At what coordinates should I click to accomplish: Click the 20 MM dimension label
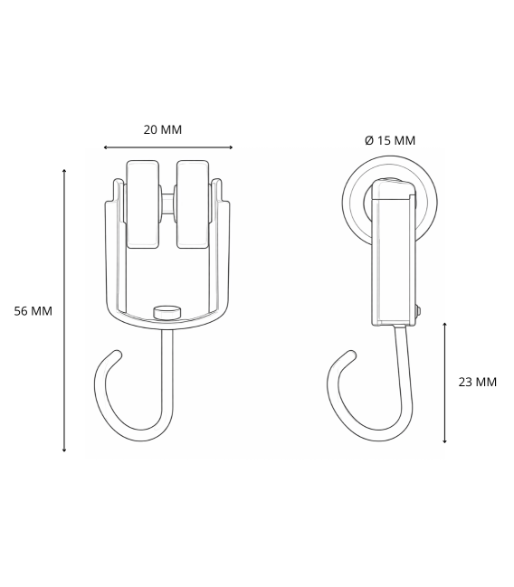[x=163, y=129]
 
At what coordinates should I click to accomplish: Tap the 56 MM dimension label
[x=33, y=311]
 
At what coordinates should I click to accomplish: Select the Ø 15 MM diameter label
[x=389, y=140]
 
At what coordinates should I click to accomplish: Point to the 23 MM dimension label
[x=477, y=382]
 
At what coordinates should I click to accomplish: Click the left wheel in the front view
[x=143, y=204]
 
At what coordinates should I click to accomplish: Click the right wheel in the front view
[x=192, y=204]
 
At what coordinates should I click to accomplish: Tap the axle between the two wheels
[x=167, y=205]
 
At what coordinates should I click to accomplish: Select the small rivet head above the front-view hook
[x=167, y=312]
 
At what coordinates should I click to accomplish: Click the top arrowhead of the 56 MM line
[x=64, y=170]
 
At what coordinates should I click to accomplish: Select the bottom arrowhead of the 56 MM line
[x=64, y=450]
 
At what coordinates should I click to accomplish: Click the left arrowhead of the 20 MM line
[x=106, y=147]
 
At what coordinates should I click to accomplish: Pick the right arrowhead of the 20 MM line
[x=231, y=147]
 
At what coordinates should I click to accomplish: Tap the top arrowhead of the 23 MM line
[x=444, y=323]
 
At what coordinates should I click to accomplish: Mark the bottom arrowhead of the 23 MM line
[x=444, y=441]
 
